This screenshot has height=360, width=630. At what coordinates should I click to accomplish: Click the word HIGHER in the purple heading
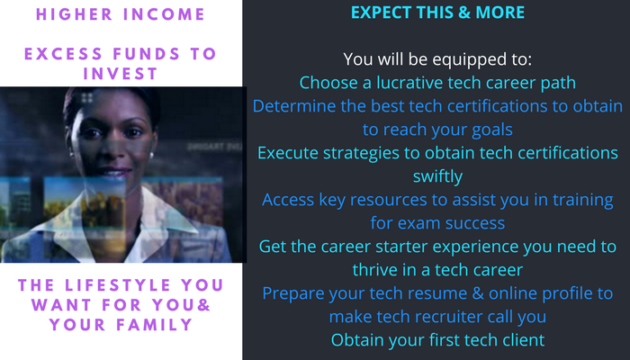[x=75, y=14]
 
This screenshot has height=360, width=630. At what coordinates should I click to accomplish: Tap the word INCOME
[x=165, y=14]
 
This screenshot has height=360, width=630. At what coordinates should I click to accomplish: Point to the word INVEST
[x=120, y=74]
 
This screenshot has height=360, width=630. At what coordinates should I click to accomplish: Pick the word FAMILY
[x=155, y=325]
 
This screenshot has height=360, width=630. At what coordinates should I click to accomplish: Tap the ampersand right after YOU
[x=204, y=305]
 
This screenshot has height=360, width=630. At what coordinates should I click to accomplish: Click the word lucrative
[x=409, y=83]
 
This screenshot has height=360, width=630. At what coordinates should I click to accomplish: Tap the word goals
[x=492, y=130]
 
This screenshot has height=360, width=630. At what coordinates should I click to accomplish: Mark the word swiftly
[x=437, y=176]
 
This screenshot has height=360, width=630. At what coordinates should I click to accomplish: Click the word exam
[x=418, y=223]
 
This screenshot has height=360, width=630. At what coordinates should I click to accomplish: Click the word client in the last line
[x=523, y=340]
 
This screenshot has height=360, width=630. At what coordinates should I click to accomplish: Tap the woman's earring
[x=152, y=156]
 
